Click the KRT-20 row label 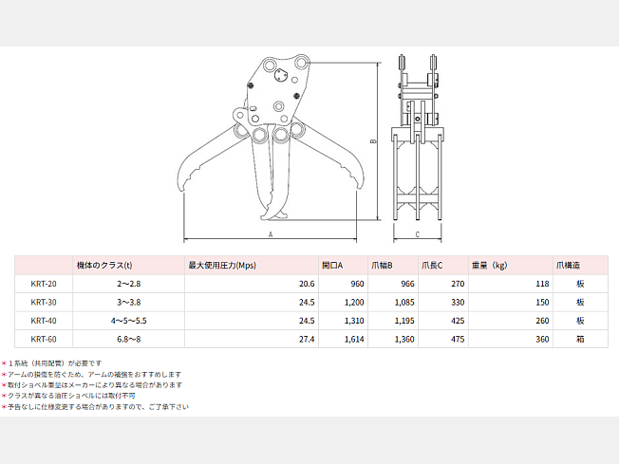click(44, 284)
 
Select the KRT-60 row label click(44, 339)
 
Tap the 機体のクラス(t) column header click(104, 265)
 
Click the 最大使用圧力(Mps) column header click(222, 265)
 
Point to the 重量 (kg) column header click(489, 265)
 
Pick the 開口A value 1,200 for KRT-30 click(354, 303)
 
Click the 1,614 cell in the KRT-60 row click(354, 339)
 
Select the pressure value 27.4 click(307, 339)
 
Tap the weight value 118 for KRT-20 click(542, 284)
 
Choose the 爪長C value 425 click(458, 321)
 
